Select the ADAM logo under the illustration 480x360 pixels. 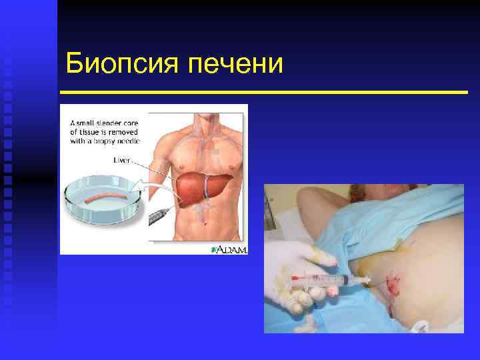click(230, 249)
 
